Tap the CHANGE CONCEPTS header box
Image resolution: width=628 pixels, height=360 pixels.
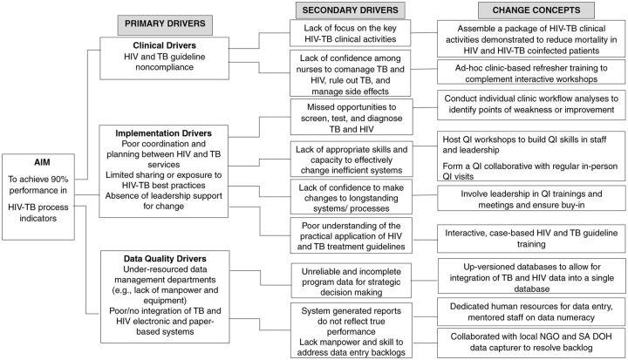click(x=528, y=10)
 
